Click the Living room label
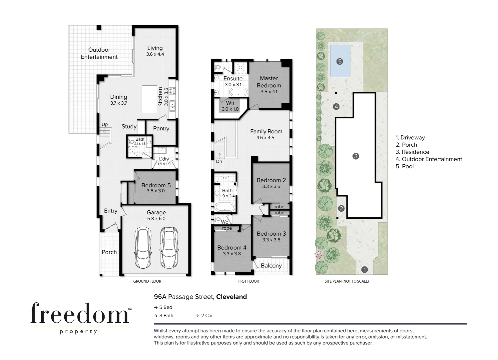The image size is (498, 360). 155,48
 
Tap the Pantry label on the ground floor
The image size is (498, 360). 161,128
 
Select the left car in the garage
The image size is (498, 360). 143,248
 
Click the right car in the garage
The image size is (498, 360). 169,248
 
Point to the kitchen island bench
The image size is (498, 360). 150,99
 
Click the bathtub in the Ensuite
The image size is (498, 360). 238,92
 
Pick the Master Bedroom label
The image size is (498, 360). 269,82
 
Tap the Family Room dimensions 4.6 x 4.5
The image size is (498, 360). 265,138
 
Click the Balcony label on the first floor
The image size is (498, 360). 271,266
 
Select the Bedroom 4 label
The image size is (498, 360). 232,248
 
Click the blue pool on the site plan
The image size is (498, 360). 340,61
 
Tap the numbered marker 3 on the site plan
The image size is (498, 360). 356,156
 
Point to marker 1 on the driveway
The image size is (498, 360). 364,270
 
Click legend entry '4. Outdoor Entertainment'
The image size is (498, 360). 429,159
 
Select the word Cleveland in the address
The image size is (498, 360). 232,297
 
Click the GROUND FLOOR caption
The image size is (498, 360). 147,281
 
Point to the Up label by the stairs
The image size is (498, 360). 105,125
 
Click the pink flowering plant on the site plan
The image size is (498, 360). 319,255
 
